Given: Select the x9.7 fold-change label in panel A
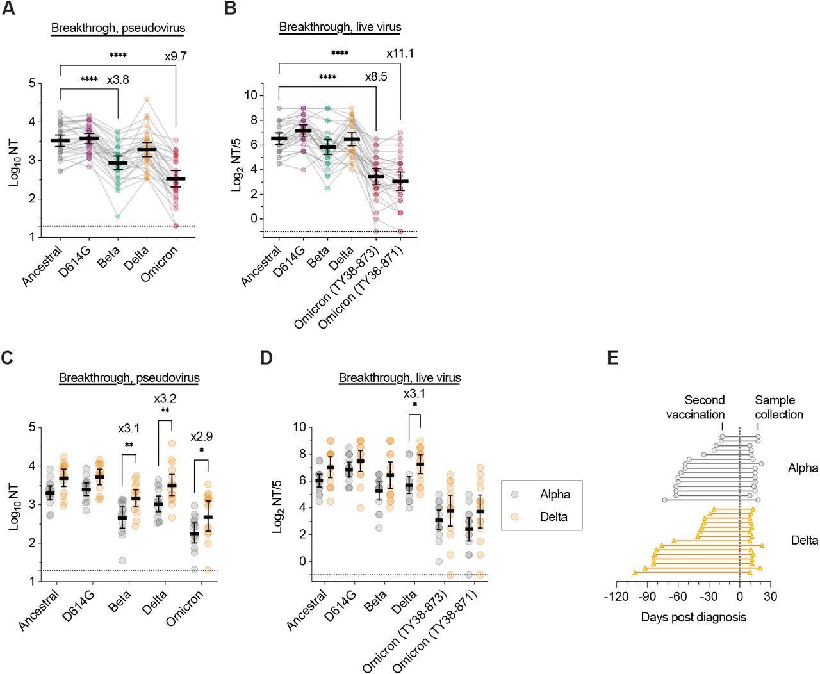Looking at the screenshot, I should (x=176, y=56).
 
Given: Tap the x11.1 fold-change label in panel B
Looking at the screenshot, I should (x=400, y=53).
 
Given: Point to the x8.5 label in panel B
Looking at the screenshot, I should (x=376, y=78).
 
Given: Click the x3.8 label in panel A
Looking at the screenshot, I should (x=118, y=79).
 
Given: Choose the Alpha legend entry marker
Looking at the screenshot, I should (x=515, y=494).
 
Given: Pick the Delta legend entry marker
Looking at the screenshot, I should (x=515, y=516).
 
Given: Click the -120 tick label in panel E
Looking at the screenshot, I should (x=616, y=596).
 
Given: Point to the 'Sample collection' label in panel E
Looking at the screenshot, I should (x=778, y=407).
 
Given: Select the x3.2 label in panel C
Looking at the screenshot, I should (x=165, y=399).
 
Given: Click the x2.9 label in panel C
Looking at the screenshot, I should (x=202, y=437).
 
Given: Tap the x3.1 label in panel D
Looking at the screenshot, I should (x=415, y=394).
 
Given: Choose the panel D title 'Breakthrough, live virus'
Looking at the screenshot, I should (x=400, y=378).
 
